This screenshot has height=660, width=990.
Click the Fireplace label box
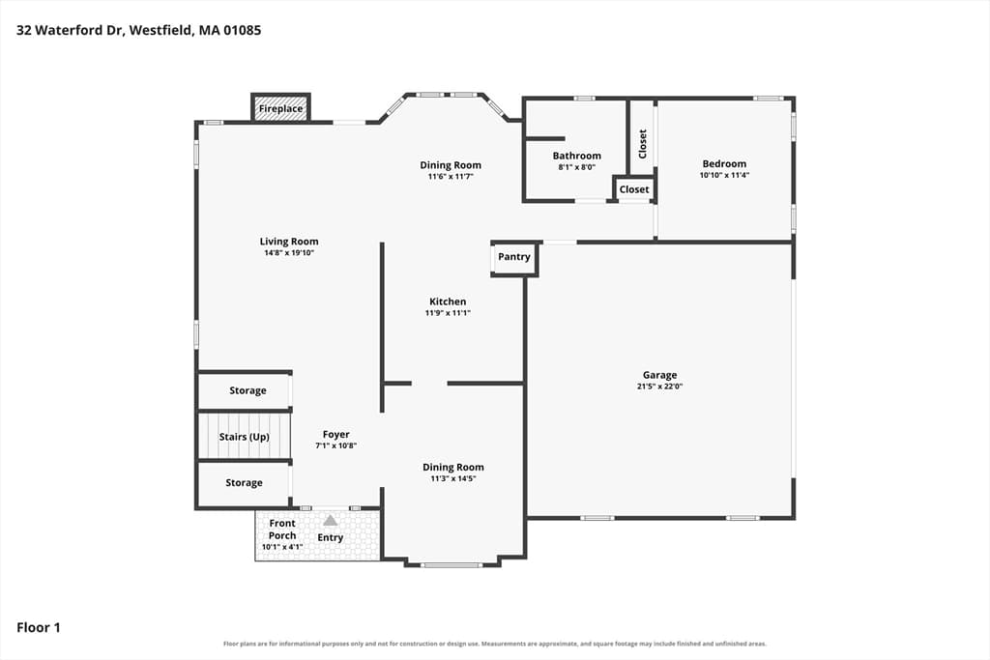(x=280, y=108)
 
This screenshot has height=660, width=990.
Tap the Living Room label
(x=289, y=241)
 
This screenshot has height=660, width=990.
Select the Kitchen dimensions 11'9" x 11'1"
(x=448, y=313)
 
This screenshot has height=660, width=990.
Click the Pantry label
(x=514, y=257)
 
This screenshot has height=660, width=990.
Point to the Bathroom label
(x=576, y=156)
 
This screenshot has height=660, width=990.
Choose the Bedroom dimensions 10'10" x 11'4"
(x=724, y=176)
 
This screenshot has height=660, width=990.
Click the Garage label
(x=659, y=376)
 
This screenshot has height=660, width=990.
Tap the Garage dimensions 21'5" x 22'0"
(x=659, y=387)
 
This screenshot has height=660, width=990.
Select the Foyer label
(x=335, y=434)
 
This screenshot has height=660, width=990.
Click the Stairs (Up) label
(x=245, y=437)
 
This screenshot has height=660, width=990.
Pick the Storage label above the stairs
(x=247, y=390)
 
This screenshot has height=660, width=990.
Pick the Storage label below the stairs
(x=244, y=483)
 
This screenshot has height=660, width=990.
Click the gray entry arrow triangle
(x=331, y=520)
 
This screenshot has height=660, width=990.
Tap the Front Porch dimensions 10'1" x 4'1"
(x=282, y=547)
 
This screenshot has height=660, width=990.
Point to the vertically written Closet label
(x=643, y=144)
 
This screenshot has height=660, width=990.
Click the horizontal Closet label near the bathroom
(x=634, y=189)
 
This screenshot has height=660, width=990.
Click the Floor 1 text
(x=39, y=627)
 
